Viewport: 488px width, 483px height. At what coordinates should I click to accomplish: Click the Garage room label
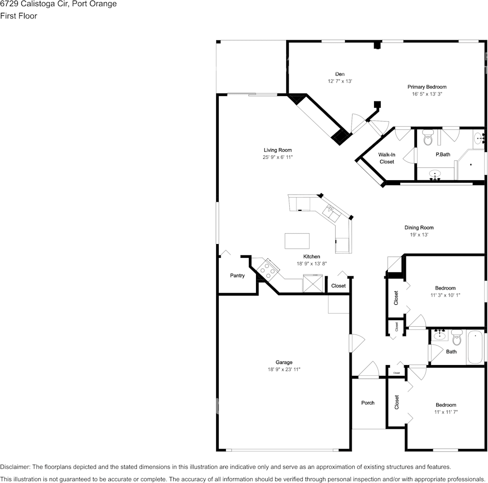[284, 363]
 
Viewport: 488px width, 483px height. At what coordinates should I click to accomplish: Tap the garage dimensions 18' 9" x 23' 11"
[284, 369]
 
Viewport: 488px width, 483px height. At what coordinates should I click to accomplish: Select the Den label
[340, 74]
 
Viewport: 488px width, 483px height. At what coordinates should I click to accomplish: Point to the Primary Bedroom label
[427, 87]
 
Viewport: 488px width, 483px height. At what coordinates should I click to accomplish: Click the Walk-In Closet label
[387, 158]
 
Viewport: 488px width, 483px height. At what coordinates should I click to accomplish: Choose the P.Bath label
[443, 154]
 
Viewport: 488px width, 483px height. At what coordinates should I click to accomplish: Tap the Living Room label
[277, 150]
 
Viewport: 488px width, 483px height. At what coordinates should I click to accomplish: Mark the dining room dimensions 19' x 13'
[419, 235]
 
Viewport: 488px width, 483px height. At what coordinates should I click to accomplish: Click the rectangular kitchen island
[297, 240]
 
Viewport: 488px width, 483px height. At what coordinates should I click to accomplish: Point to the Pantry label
[237, 276]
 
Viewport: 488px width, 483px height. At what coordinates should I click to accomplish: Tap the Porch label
[368, 403]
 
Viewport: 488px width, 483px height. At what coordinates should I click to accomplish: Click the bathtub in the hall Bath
[475, 348]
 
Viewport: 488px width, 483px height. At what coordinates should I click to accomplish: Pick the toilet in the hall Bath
[457, 337]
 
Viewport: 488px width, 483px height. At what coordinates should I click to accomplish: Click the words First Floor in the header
[19, 16]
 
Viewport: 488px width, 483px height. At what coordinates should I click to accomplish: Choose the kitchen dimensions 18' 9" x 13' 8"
[312, 263]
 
